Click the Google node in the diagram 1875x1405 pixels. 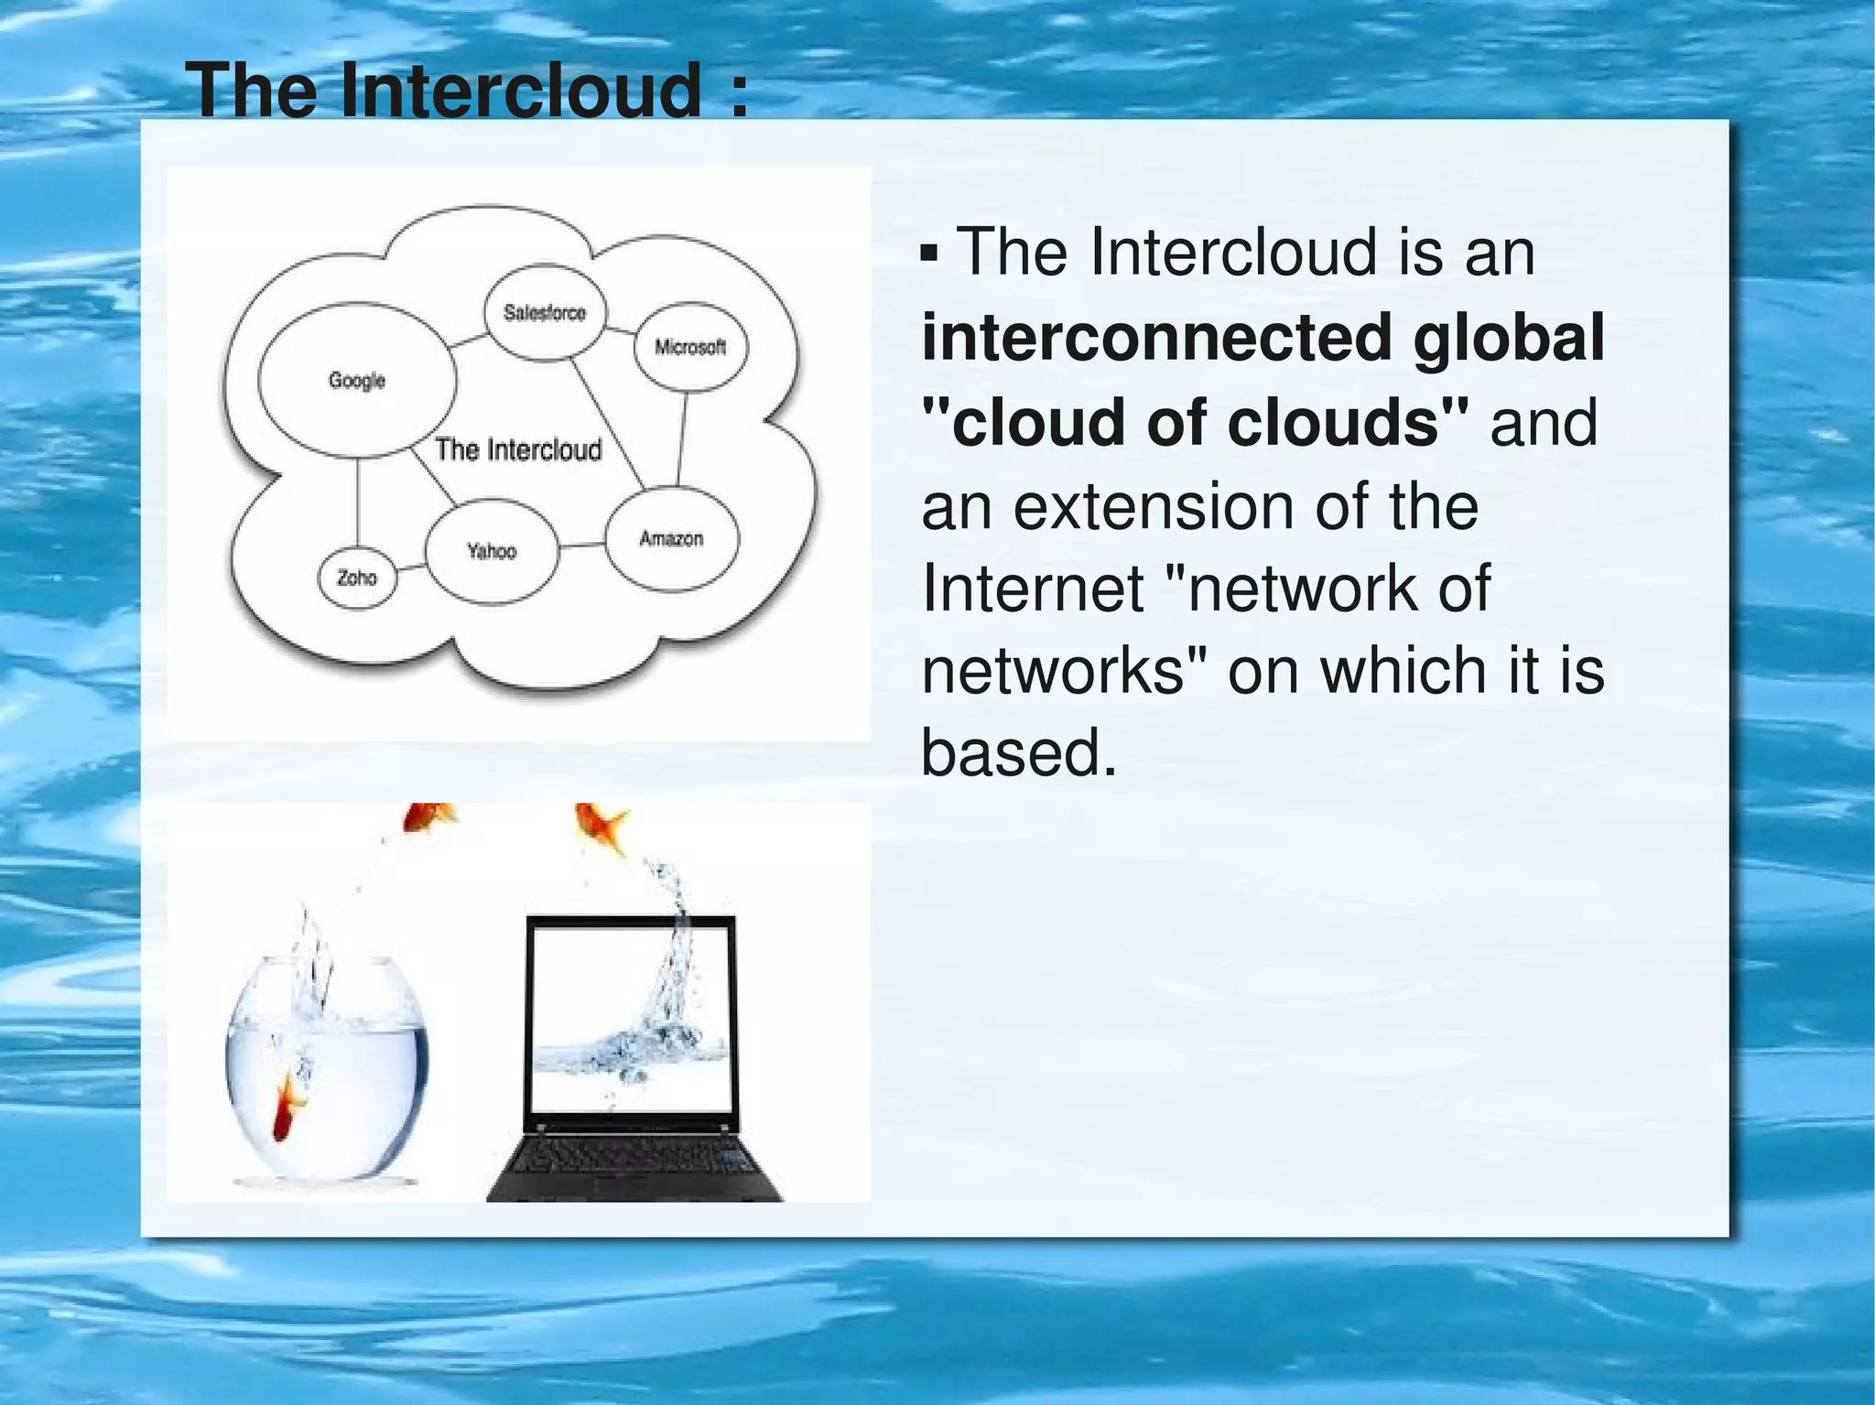point(357,380)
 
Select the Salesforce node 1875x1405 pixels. point(544,313)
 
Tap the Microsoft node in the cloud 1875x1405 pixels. point(690,347)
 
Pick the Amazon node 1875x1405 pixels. point(671,538)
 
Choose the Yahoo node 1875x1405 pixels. point(492,551)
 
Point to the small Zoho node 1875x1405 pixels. point(357,578)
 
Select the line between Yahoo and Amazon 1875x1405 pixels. point(581,546)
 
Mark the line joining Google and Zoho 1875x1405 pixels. point(357,503)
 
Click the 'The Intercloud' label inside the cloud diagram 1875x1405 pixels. point(518,449)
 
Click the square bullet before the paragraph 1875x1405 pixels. point(929,253)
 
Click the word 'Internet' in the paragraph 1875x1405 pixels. point(1033,588)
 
